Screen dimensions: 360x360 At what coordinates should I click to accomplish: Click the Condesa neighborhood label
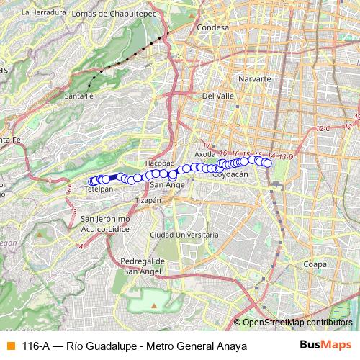click(x=214, y=27)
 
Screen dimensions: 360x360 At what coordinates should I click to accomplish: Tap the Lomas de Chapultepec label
click(x=108, y=12)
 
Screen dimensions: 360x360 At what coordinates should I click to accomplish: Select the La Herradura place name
click(x=40, y=12)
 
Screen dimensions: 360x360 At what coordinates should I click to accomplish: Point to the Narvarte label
click(x=254, y=78)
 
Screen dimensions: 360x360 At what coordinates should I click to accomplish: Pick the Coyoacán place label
click(x=230, y=174)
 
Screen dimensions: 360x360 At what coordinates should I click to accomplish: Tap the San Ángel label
click(x=170, y=184)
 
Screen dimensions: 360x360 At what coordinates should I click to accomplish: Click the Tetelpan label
click(x=99, y=189)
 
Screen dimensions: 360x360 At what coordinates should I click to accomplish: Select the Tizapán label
click(x=148, y=201)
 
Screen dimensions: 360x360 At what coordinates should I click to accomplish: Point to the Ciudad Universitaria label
click(x=183, y=235)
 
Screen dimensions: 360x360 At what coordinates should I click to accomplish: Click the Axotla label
click(x=206, y=154)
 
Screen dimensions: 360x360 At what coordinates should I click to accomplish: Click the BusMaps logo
click(x=325, y=346)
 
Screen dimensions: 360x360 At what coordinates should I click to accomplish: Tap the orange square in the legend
click(x=9, y=346)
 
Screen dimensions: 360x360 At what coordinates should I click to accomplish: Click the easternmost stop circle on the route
click(x=268, y=163)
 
